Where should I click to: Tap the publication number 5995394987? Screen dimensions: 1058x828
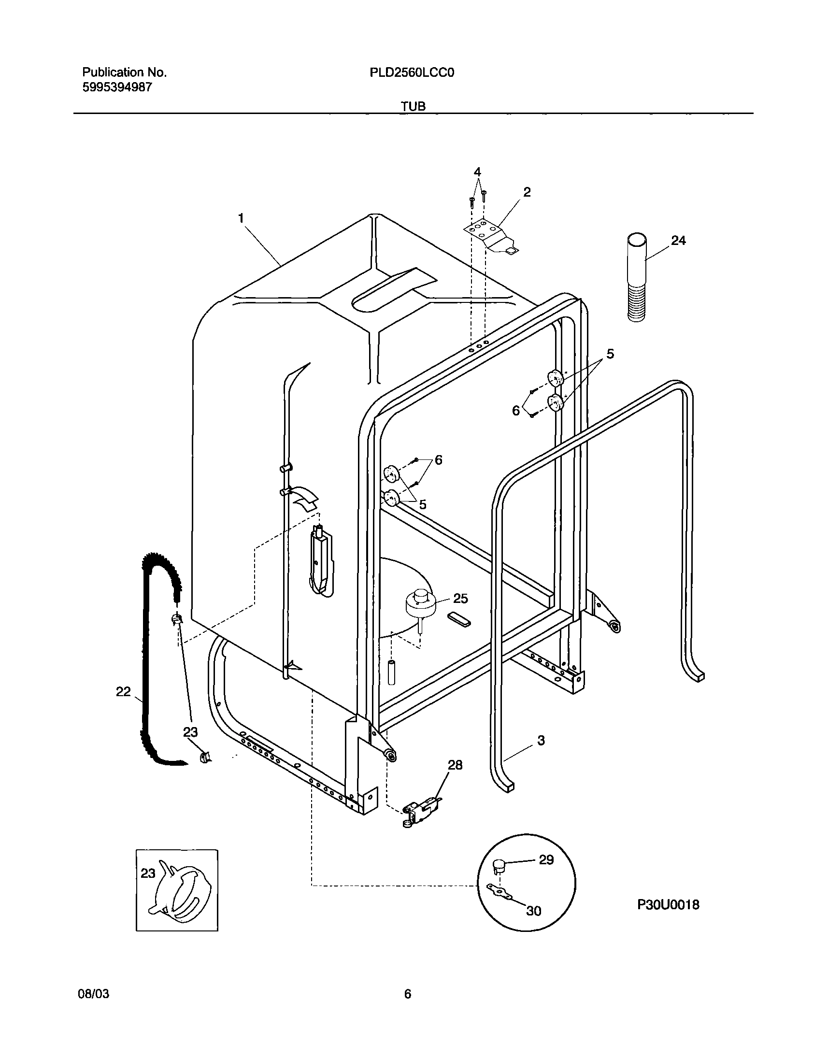(117, 88)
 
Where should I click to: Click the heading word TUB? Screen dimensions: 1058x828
(414, 106)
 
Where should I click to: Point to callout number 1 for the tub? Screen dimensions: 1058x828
(241, 219)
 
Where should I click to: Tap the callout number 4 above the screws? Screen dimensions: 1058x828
(477, 172)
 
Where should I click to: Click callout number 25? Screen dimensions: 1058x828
(460, 599)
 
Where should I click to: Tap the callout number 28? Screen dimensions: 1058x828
(455, 765)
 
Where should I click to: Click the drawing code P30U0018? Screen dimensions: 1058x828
(668, 905)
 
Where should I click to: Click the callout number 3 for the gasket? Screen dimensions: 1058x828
(541, 741)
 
